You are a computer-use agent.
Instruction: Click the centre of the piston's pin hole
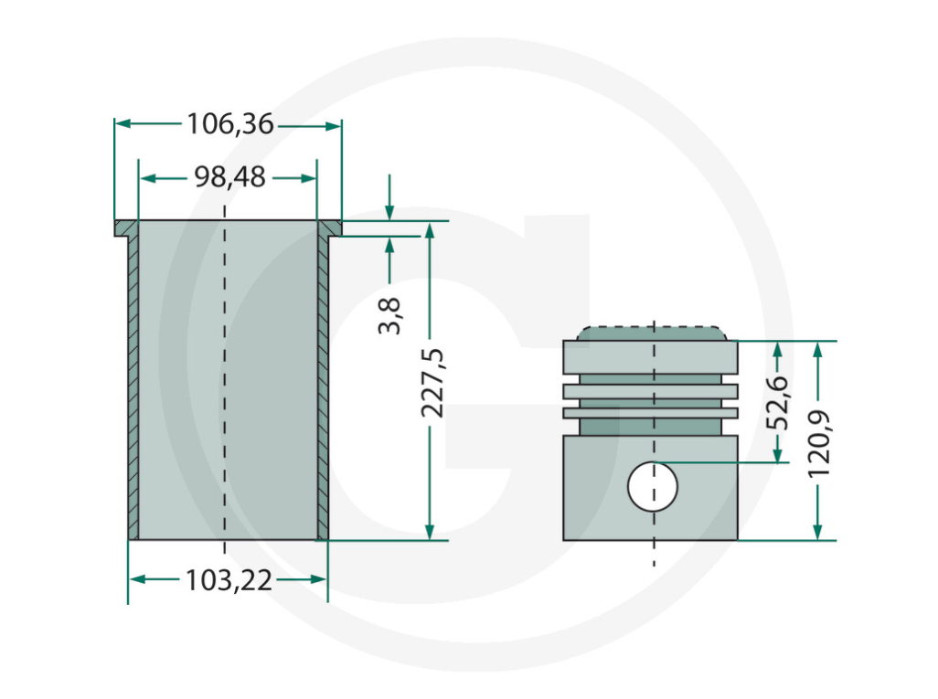pyautogui.click(x=653, y=487)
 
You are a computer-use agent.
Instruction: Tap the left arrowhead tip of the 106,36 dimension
pyautogui.click(x=115, y=124)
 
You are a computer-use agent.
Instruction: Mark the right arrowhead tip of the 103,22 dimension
pyautogui.click(x=327, y=578)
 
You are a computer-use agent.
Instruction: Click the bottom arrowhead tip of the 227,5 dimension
pyautogui.click(x=429, y=539)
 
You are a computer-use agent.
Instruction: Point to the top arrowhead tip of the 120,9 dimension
pyautogui.click(x=817, y=342)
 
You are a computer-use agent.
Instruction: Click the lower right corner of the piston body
pyautogui.click(x=738, y=540)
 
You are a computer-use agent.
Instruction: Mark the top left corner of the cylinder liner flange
pyautogui.click(x=115, y=220)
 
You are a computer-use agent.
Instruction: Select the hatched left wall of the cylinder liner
pyautogui.click(x=133, y=387)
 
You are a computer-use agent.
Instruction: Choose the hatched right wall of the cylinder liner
pyautogui.click(x=323, y=387)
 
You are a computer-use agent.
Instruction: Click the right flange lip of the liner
pyautogui.click(x=330, y=228)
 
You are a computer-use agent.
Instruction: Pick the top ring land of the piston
pyautogui.click(x=650, y=357)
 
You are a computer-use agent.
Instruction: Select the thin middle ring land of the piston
pyautogui.click(x=650, y=392)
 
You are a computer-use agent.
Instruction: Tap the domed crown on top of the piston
pyautogui.click(x=652, y=334)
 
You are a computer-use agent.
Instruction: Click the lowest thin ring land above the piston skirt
pyautogui.click(x=650, y=413)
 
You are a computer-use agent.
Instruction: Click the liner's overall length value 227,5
pyautogui.click(x=433, y=383)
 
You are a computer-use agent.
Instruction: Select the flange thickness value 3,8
pyautogui.click(x=389, y=316)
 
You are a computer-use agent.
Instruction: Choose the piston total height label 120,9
pyautogui.click(x=819, y=444)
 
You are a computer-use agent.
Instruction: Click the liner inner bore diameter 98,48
pyautogui.click(x=230, y=177)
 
